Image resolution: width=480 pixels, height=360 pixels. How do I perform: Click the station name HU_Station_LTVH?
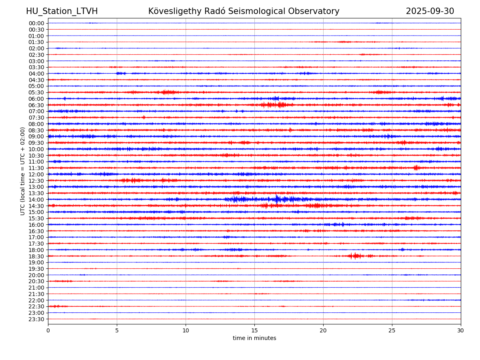pyautogui.click(x=62, y=11)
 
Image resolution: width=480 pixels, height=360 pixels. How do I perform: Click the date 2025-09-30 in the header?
pyautogui.click(x=430, y=11)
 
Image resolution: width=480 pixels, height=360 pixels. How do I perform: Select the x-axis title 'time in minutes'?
pyautogui.click(x=254, y=338)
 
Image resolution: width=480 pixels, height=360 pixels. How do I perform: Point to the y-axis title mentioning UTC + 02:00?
pyautogui.click(x=23, y=171)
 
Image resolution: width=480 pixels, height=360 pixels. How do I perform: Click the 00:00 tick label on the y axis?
pyautogui.click(x=36, y=23)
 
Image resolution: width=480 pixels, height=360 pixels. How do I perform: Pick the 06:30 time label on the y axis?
pyautogui.click(x=36, y=105)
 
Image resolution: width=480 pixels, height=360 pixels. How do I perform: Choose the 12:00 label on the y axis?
pyautogui.click(x=36, y=174)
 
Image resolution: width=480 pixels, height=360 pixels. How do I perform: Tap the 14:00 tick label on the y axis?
pyautogui.click(x=36, y=200)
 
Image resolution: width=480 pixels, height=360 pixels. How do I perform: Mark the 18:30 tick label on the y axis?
pyautogui.click(x=36, y=256)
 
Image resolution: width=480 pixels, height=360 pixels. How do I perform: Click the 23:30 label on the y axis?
pyautogui.click(x=36, y=319)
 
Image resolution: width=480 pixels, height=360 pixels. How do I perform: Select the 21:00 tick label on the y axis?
pyautogui.click(x=36, y=288)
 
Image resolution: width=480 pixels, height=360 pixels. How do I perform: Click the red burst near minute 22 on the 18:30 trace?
pyautogui.click(x=355, y=256)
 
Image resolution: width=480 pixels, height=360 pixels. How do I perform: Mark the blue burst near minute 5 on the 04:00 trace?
pyautogui.click(x=120, y=73)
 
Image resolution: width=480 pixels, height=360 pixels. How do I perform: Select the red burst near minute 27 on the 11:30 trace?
pyautogui.click(x=416, y=168)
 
